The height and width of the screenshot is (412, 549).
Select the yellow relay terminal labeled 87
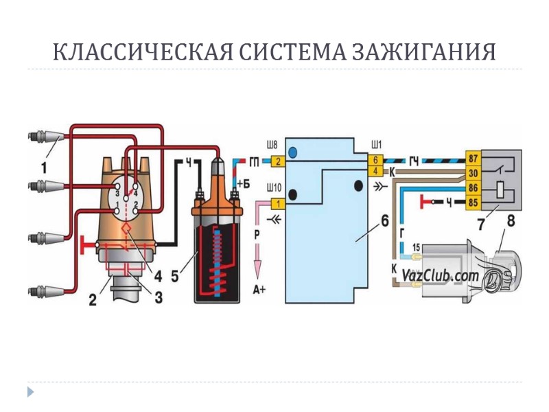tap(473, 157)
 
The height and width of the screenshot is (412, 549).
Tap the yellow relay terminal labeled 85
tap(473, 202)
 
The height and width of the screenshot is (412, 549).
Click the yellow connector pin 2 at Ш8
tap(277, 162)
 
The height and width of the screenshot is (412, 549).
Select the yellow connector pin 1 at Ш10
tap(277, 203)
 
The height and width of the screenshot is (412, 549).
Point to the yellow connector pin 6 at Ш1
tap(376, 159)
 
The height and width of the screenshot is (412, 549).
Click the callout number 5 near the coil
tap(176, 277)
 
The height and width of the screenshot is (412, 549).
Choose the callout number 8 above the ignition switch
tap(511, 220)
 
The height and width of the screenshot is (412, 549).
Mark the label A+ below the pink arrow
tap(259, 290)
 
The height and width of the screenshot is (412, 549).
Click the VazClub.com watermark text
tap(440, 275)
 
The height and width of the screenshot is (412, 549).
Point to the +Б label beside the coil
tap(243, 183)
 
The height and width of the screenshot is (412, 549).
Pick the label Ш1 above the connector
tap(376, 145)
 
